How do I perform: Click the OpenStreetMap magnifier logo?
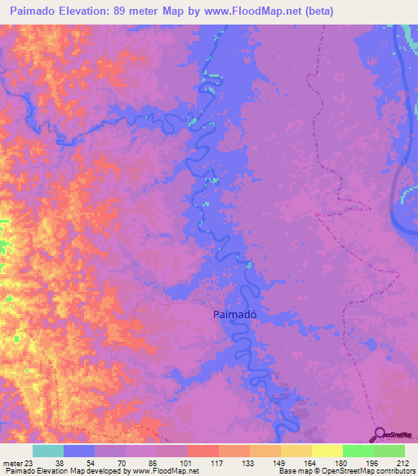tap(380, 435)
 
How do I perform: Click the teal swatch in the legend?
tap(48, 451)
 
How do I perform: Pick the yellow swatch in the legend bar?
tap(327, 451)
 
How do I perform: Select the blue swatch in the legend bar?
tap(79, 451)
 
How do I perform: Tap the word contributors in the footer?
tap(394, 471)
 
